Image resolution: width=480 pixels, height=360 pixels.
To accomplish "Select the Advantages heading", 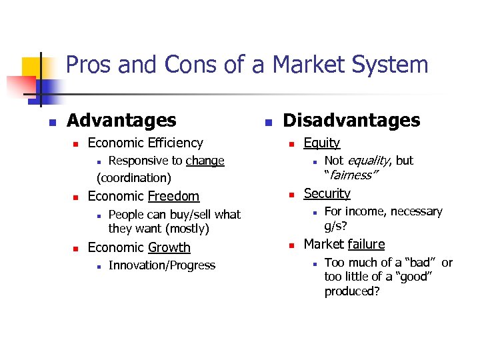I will click(x=121, y=121).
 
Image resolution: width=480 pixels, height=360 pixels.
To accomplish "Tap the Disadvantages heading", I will click(x=351, y=121).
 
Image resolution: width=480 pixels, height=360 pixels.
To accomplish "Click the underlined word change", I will click(x=205, y=161).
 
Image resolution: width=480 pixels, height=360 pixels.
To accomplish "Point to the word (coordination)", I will click(x=134, y=178).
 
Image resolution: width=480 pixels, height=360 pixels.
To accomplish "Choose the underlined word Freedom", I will click(x=173, y=196).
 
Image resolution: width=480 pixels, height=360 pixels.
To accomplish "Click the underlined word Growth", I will click(x=169, y=247).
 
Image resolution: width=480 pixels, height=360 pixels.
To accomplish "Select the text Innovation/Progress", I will click(x=162, y=265).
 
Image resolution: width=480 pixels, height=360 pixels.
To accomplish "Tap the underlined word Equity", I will click(x=321, y=143).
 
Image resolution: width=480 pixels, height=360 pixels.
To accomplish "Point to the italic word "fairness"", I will click(x=351, y=175).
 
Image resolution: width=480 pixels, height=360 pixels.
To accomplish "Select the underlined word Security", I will click(x=327, y=193).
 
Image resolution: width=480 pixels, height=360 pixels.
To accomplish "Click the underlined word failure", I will click(x=366, y=245).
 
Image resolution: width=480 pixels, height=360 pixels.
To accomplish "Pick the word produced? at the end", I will click(x=351, y=291).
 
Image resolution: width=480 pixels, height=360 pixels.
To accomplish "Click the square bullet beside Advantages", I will click(x=50, y=123).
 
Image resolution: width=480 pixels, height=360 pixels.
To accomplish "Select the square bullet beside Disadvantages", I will click(x=267, y=123).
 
